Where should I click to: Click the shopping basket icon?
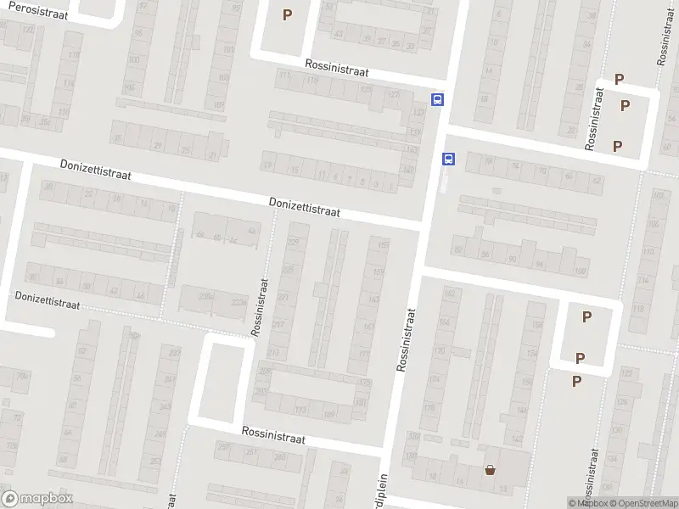click(x=490, y=469)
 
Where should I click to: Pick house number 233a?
click(x=239, y=302)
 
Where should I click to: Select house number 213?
click(x=273, y=352)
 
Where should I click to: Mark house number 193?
click(x=300, y=410)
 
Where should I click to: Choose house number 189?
click(x=329, y=415)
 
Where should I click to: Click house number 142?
click(x=518, y=439)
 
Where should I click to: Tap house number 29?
click(x=156, y=146)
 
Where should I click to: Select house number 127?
click(x=392, y=94)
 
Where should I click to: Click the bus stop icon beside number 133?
click(x=437, y=99)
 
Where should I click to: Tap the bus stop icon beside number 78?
click(x=448, y=159)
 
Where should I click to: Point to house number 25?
click(x=185, y=151)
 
